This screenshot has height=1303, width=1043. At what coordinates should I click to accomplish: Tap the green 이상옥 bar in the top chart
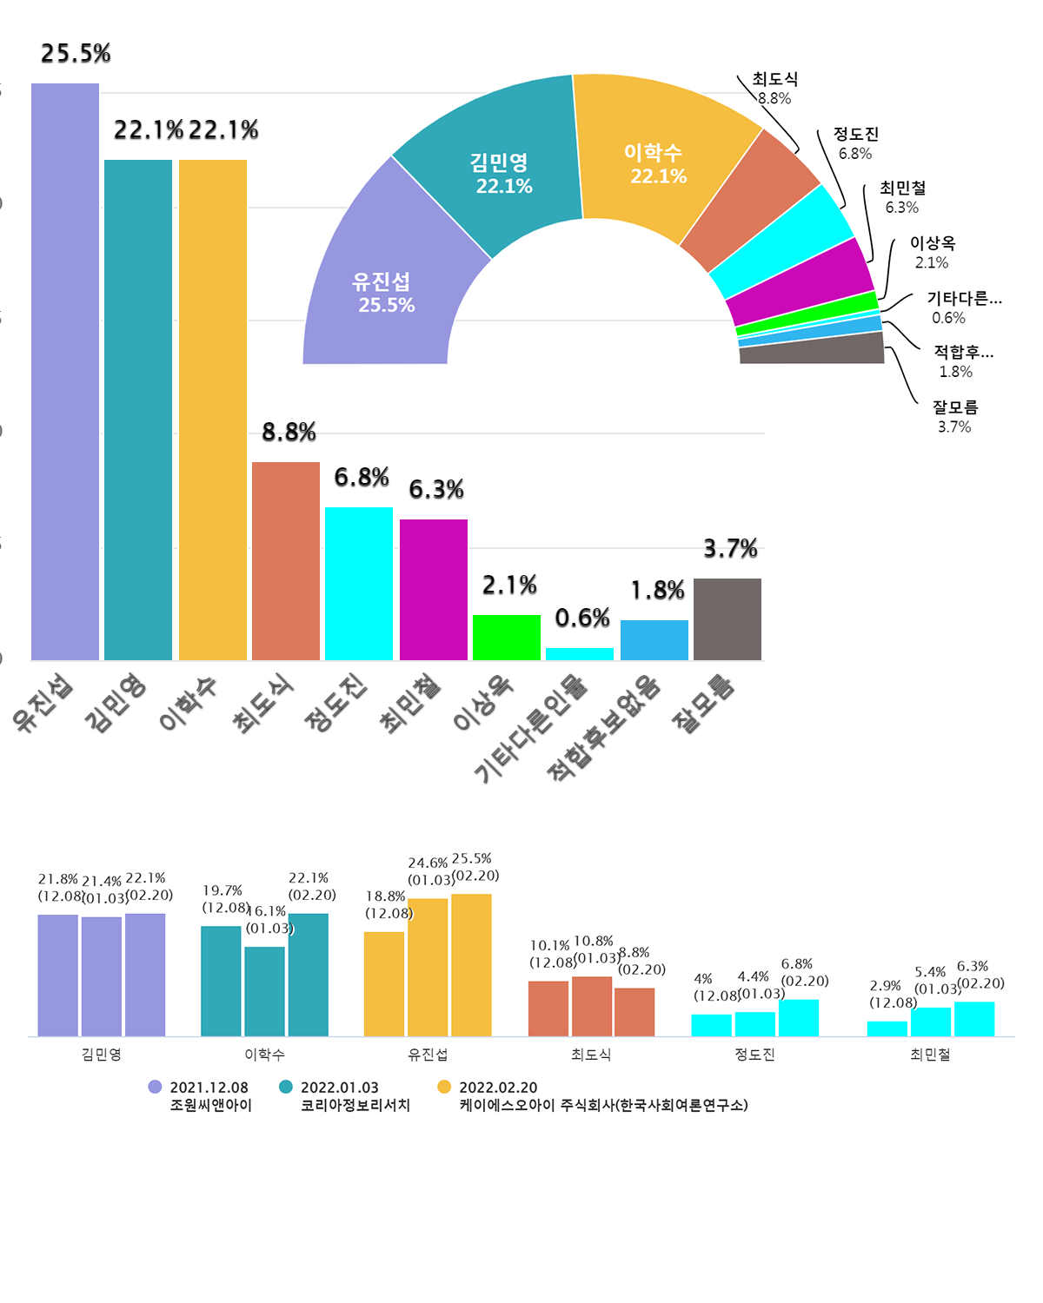[x=507, y=638]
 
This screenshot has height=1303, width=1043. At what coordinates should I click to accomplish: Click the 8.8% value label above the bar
[x=289, y=432]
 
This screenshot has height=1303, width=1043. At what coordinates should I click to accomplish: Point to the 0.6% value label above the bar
[x=582, y=618]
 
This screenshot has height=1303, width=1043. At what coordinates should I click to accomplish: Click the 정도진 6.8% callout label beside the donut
[x=856, y=143]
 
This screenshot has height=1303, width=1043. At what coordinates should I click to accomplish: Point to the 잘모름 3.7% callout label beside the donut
[x=955, y=416]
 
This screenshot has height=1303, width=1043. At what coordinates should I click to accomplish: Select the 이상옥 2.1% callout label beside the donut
[x=933, y=252]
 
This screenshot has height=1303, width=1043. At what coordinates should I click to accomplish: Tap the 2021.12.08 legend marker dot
[x=156, y=1087]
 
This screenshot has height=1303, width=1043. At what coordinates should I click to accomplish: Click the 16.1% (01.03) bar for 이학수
[x=265, y=991]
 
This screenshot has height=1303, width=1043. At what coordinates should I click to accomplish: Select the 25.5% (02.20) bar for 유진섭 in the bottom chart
[x=471, y=964]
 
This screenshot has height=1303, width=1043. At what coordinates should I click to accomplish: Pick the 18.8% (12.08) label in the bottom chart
[x=388, y=904]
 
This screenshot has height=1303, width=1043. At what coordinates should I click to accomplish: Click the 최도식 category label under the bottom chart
[x=591, y=1055]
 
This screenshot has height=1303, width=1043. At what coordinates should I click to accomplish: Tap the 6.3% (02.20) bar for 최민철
[x=974, y=1019]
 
